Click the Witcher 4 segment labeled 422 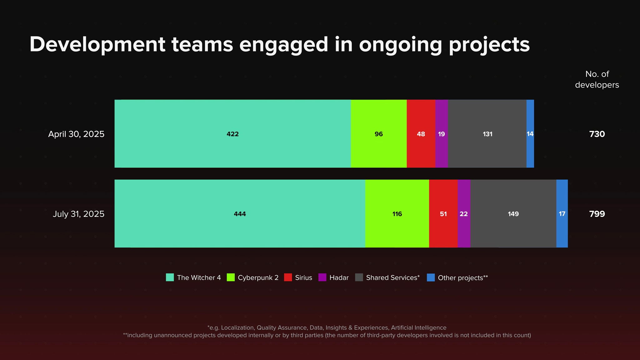point(232,134)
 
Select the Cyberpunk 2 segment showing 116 point(397,214)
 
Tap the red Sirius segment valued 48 point(421,134)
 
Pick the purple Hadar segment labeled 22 point(464,214)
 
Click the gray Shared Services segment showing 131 point(487,134)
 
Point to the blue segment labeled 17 point(562,214)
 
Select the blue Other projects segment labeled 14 point(530,134)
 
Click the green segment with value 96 point(379,134)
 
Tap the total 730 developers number point(597,134)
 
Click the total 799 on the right point(597,214)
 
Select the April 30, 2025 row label point(76,134)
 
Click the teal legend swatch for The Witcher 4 point(170,277)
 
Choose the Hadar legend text point(339,277)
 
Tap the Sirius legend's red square point(288,277)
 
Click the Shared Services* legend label point(393,277)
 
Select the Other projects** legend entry point(457,277)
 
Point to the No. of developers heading point(597,79)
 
